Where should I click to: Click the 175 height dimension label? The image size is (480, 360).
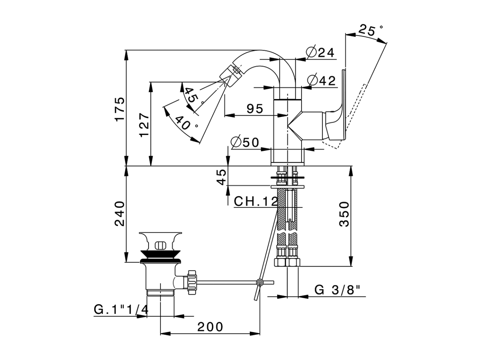tap(119, 109)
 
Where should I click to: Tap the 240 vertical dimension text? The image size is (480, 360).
tap(119, 214)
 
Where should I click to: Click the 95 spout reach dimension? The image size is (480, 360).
tap(255, 109)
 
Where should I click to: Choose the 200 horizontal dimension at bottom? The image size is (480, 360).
tap(210, 327)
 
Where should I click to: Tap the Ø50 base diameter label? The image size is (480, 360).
tap(245, 142)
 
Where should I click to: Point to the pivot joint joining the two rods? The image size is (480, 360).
tap(259, 282)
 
